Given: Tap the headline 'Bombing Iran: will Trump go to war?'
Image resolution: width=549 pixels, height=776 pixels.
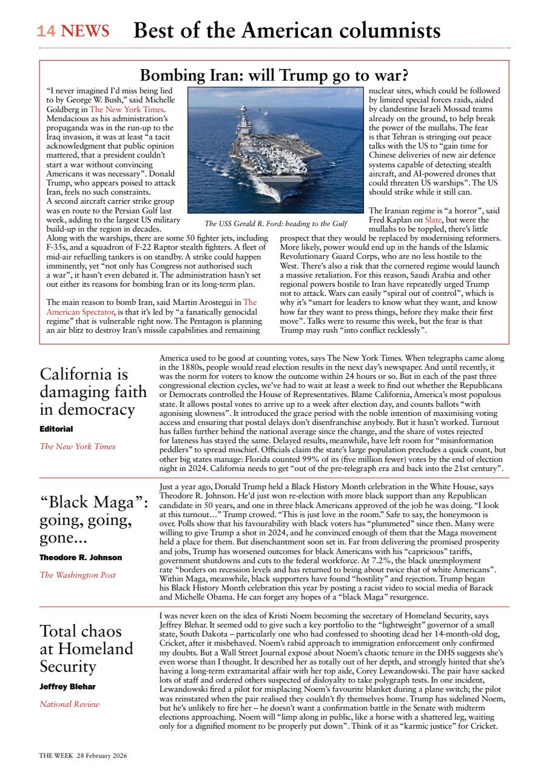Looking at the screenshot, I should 274,76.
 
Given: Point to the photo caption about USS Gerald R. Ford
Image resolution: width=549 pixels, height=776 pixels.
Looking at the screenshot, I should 275,224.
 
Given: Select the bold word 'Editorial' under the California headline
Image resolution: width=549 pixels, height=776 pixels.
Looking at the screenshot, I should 56,428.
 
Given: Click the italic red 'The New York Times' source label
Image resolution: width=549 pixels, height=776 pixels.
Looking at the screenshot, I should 77,447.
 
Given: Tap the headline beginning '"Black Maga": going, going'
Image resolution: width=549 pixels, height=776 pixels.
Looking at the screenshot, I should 94,521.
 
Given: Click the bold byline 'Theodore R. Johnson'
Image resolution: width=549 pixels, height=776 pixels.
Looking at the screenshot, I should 81,557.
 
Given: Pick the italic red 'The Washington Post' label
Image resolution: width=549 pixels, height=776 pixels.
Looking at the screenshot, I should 77,575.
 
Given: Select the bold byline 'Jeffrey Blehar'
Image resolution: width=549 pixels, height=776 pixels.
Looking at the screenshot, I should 67,686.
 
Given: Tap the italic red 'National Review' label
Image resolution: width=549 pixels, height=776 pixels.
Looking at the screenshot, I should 70,704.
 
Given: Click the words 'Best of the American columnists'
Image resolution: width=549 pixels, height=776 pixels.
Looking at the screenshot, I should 287,30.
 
